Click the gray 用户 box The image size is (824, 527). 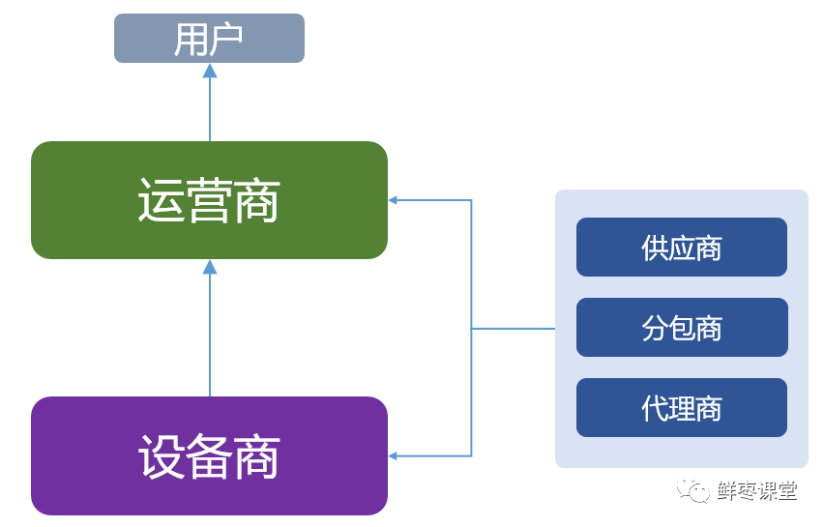click(209, 39)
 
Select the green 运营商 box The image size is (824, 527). click(209, 200)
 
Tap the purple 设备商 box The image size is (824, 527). click(209, 455)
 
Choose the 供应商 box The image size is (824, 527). click(681, 248)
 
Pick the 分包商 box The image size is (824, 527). click(681, 328)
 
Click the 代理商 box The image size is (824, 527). click(681, 407)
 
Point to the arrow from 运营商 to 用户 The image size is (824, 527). click(210, 102)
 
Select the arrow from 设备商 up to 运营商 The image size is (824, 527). click(210, 329)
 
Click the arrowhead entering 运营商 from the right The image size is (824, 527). click(394, 200)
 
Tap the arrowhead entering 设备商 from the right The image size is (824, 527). click(394, 455)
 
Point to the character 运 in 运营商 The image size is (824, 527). click(161, 201)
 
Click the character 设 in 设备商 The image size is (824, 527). click(161, 456)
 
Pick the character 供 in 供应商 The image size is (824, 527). click(655, 249)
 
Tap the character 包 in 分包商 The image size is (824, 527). click(682, 329)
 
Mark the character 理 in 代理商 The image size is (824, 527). click(682, 408)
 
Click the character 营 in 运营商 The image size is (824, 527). click(209, 201)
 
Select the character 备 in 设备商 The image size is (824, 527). click(209, 456)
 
